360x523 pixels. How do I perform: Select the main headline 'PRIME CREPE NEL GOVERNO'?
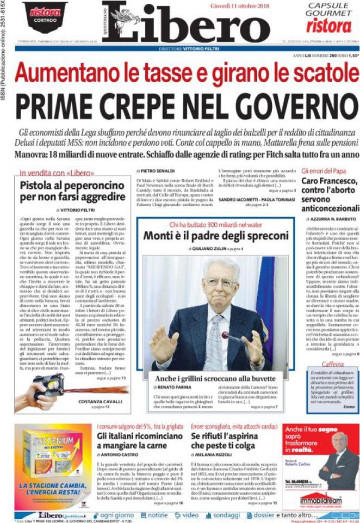coord(179,104)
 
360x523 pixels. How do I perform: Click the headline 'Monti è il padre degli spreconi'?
coord(215,236)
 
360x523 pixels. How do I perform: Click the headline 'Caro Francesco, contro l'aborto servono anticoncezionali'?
coord(329,200)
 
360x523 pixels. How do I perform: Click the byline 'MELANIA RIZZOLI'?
coord(214,470)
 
